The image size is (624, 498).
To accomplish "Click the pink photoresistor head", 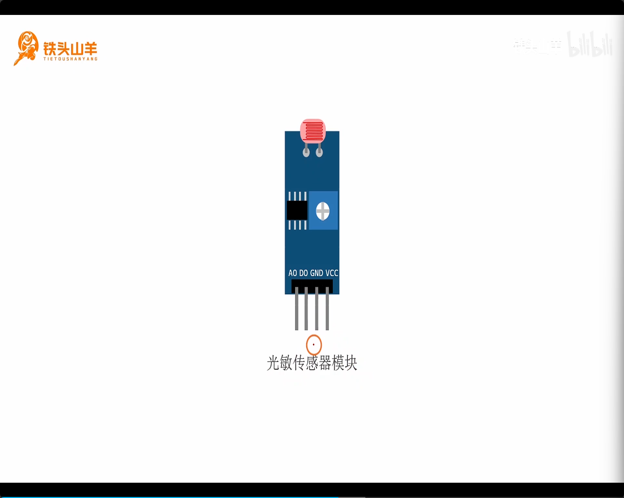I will click(313, 131).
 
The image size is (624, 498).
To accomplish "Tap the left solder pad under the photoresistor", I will click(306, 152).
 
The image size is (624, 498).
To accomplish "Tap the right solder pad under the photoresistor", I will click(319, 152).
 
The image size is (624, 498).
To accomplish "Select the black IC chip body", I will click(297, 210).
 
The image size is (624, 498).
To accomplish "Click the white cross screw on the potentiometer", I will click(323, 211).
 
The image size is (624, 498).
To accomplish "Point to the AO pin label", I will click(293, 273).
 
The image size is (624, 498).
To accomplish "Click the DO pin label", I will click(303, 273).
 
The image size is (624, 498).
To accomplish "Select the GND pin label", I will click(316, 273).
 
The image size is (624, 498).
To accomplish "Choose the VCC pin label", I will click(332, 273).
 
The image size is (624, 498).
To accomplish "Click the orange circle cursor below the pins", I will click(314, 344).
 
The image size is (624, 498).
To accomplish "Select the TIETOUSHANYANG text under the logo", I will click(70, 59).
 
